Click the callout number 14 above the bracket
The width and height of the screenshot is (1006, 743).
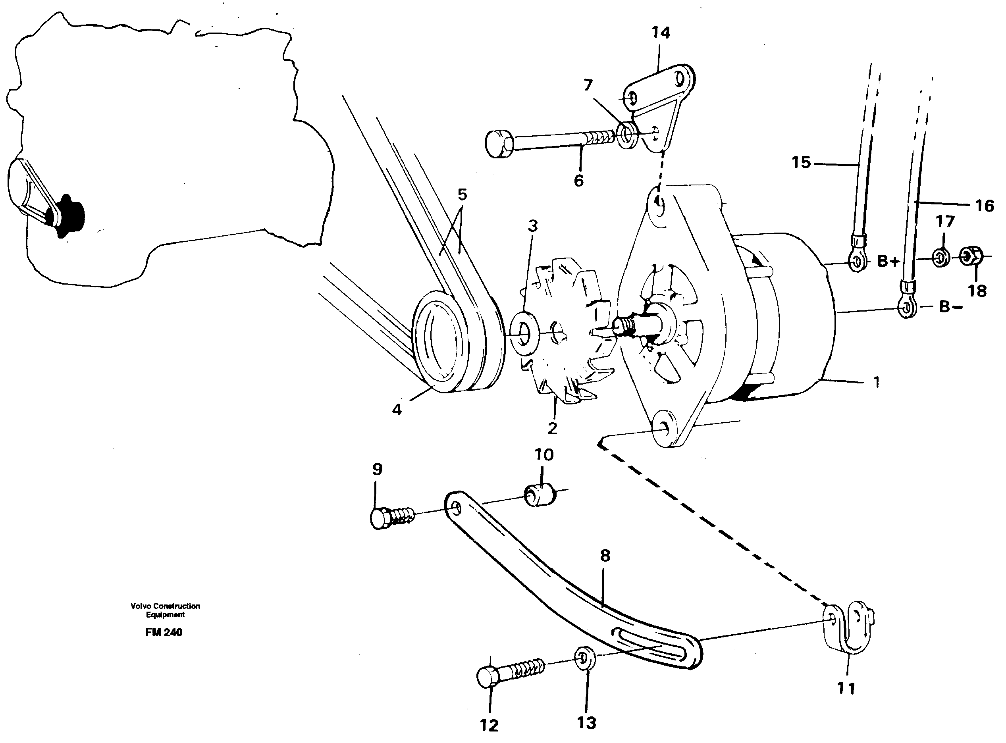tap(661, 33)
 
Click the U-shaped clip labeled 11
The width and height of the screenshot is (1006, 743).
tap(846, 628)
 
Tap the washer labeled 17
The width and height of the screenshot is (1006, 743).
tap(940, 258)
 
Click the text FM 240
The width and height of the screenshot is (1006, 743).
tap(164, 632)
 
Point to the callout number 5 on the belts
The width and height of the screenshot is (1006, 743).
tap(462, 195)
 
